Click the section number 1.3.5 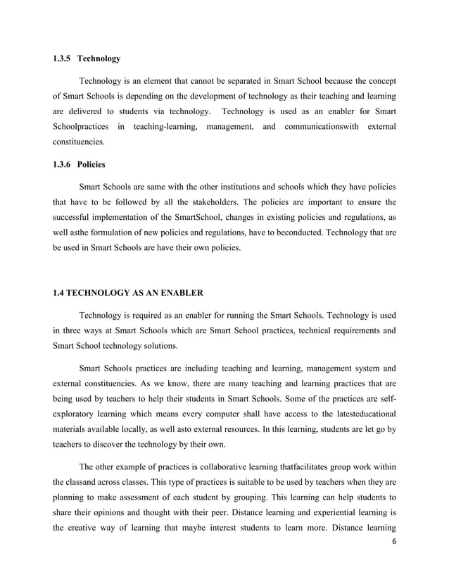[x=62, y=57]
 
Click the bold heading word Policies [x=91, y=164]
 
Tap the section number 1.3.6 [x=62, y=164]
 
